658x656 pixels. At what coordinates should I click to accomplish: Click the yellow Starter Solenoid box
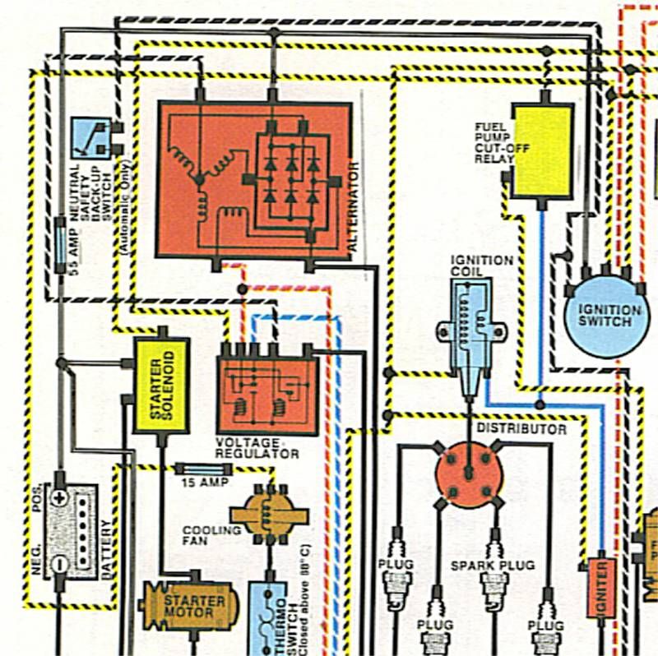pyautogui.click(x=161, y=386)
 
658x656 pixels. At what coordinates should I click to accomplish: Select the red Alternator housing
pyautogui.click(x=254, y=180)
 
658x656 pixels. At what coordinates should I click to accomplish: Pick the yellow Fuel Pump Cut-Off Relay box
pyautogui.click(x=543, y=151)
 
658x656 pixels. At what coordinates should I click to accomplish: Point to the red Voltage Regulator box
pyautogui.click(x=268, y=395)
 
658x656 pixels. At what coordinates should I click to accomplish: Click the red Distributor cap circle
pyautogui.click(x=469, y=474)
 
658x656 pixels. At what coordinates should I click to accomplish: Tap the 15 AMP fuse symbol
pyautogui.click(x=204, y=469)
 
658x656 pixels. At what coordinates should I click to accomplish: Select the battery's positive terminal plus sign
pyautogui.click(x=60, y=498)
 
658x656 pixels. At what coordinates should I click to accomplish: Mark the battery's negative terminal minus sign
pyautogui.click(x=60, y=564)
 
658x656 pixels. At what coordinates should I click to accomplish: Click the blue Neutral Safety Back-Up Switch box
pyautogui.click(x=90, y=138)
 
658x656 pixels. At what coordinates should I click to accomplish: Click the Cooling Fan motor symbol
pyautogui.click(x=269, y=515)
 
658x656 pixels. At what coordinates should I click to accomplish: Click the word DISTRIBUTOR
pyautogui.click(x=521, y=428)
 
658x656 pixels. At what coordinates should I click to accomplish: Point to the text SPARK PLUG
pyautogui.click(x=493, y=566)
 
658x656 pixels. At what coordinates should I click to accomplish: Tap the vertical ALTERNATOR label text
pyautogui.click(x=354, y=206)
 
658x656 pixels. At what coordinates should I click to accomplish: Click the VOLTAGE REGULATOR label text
pyautogui.click(x=257, y=448)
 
